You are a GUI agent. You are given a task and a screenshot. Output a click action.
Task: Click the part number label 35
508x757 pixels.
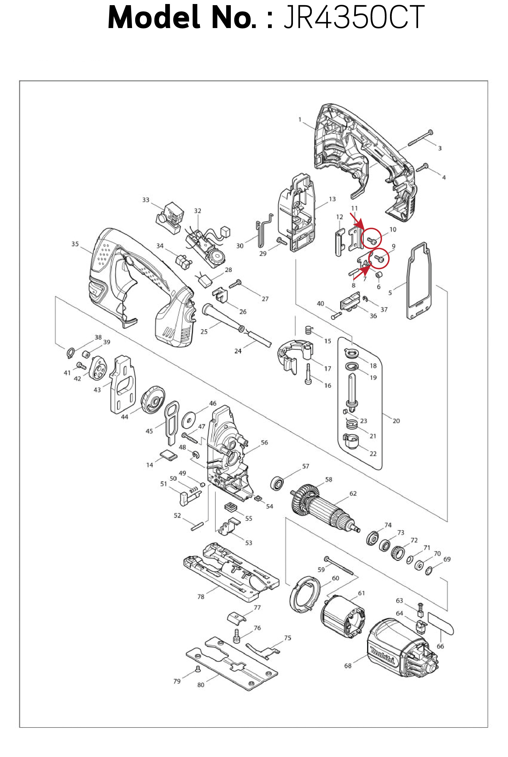pyautogui.click(x=75, y=244)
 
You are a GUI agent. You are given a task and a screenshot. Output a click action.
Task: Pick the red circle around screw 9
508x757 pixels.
pyautogui.click(x=379, y=258)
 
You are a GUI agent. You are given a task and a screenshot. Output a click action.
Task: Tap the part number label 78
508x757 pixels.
pyautogui.click(x=201, y=597)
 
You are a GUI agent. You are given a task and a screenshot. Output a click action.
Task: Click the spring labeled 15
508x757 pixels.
pyautogui.click(x=309, y=330)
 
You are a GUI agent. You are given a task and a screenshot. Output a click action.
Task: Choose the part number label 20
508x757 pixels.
pyautogui.click(x=396, y=421)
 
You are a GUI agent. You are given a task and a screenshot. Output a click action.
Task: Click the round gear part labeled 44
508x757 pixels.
pyautogui.click(x=153, y=399)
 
